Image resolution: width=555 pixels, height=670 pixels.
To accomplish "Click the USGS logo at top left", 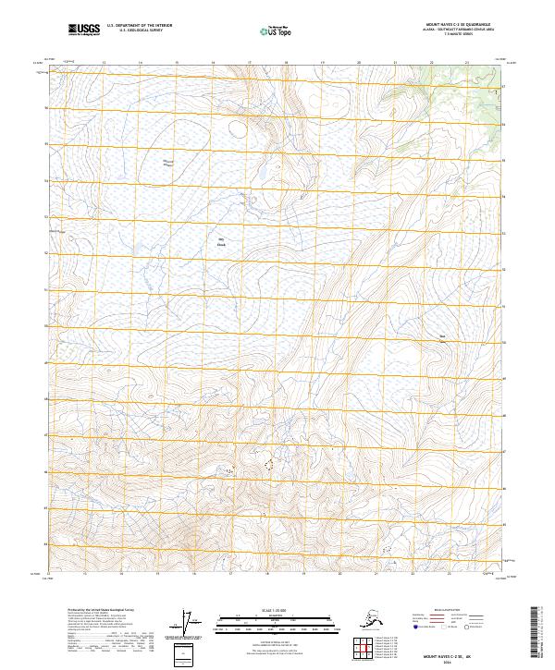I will pyautogui.click(x=84, y=31).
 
